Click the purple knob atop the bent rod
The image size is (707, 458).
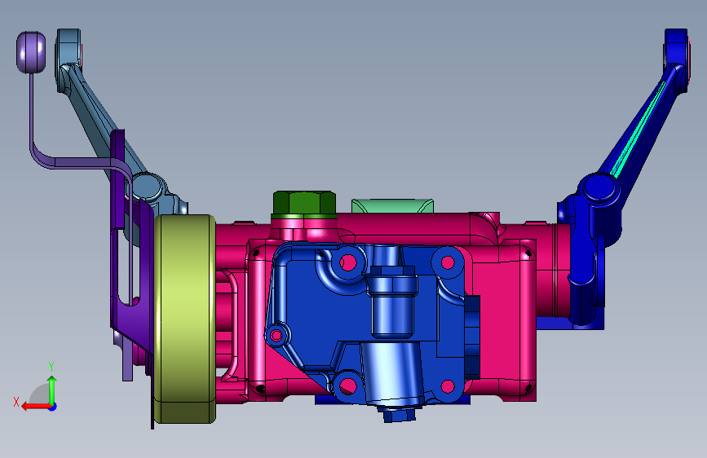coord(31,52)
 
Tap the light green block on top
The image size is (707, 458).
coord(392,205)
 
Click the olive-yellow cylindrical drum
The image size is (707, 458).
coord(184,319)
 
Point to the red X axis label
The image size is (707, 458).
coord(16,402)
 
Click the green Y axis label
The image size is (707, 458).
coord(51,367)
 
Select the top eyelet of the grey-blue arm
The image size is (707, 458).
coord(68,47)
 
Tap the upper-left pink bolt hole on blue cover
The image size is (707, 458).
coord(347,262)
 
